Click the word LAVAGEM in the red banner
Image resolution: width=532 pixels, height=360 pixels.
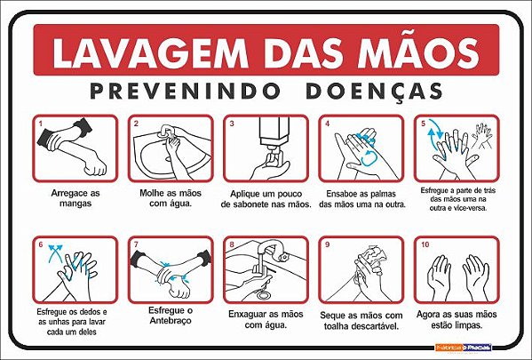point(146,53)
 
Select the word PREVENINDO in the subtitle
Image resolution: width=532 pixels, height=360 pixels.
point(186,91)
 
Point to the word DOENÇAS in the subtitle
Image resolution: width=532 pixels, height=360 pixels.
point(374,92)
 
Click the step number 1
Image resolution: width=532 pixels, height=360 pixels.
point(41,124)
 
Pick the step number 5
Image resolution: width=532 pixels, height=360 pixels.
point(423,124)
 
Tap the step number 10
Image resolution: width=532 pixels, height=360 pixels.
point(425,244)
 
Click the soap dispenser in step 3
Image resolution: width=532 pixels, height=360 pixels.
point(274,139)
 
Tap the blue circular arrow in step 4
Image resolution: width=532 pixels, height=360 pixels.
point(369,158)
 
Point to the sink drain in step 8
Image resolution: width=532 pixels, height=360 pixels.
point(263,293)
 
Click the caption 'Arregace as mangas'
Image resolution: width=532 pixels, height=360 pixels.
point(75,198)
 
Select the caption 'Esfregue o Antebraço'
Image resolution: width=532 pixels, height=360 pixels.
point(171,316)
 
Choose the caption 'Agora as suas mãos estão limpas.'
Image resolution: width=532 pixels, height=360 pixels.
point(457,320)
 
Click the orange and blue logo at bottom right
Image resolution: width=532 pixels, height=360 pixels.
point(463,348)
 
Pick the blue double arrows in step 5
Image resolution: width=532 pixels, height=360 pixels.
point(434,132)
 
